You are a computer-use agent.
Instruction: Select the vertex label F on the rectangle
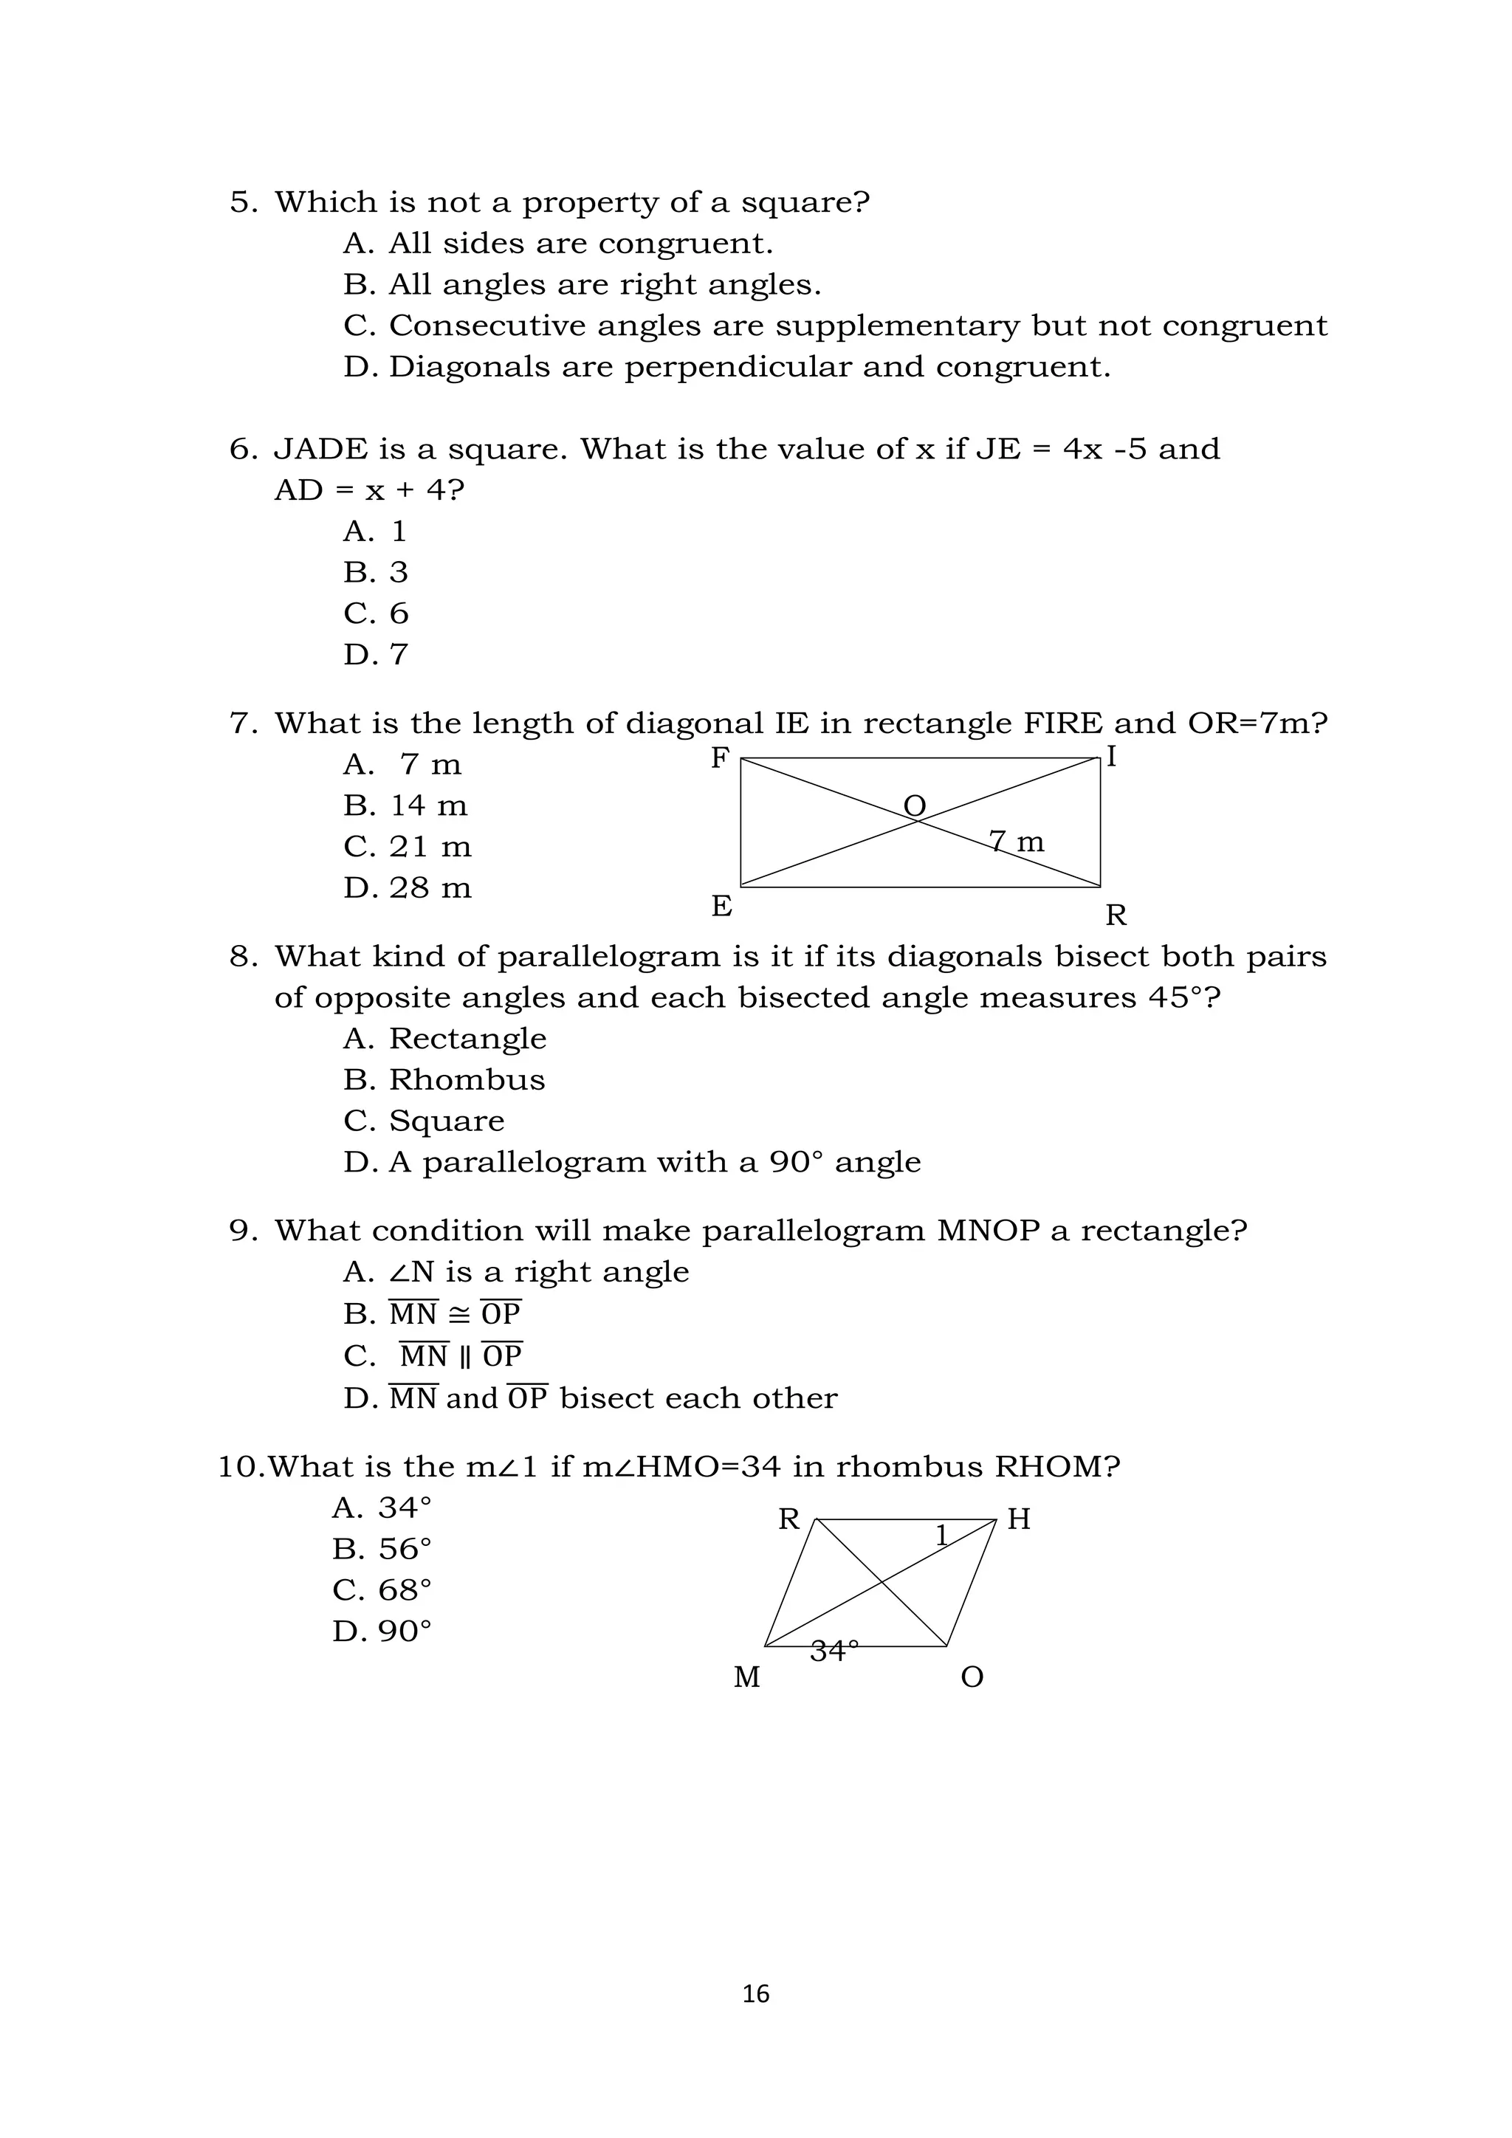click(x=719, y=759)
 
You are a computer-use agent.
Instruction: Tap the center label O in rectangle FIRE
click(x=915, y=805)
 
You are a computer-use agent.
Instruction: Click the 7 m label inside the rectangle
click(x=1017, y=842)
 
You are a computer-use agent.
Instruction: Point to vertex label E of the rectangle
click(x=721, y=906)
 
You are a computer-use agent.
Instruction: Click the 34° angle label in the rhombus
click(x=834, y=1651)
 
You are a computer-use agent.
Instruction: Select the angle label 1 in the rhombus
click(x=941, y=1536)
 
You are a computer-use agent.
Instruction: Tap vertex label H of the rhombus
click(x=1019, y=1519)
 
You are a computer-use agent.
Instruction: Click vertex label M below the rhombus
click(x=746, y=1677)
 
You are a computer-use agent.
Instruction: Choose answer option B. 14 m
click(x=406, y=805)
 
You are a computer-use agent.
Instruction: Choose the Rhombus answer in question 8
click(x=467, y=1079)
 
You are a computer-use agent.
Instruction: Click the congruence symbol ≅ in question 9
click(x=459, y=1314)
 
